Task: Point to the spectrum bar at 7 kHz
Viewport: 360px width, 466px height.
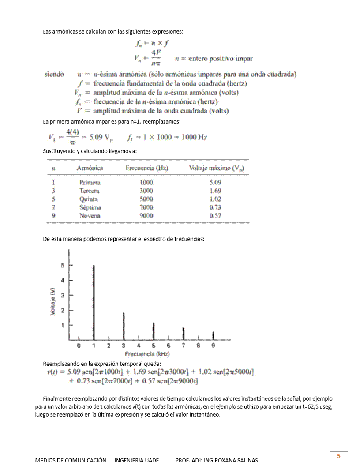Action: click(x=184, y=334)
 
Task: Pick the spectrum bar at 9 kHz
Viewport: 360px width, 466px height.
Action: click(x=214, y=336)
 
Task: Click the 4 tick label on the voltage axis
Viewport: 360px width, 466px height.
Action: click(x=63, y=280)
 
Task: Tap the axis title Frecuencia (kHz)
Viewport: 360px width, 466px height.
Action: click(x=147, y=354)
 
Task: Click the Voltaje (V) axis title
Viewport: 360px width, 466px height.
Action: click(x=53, y=301)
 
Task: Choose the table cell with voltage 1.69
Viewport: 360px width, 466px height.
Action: click(x=215, y=191)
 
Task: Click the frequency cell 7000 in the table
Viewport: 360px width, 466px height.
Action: click(x=146, y=207)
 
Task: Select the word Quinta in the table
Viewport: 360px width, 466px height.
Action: click(x=89, y=199)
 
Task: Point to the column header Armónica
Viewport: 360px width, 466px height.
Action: click(x=90, y=168)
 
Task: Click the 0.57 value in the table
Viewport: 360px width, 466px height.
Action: click(x=215, y=216)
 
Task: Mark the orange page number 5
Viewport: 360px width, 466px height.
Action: click(x=338, y=456)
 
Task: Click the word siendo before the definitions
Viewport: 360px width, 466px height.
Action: click(x=54, y=74)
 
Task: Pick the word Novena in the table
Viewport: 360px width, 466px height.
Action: click(x=90, y=216)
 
